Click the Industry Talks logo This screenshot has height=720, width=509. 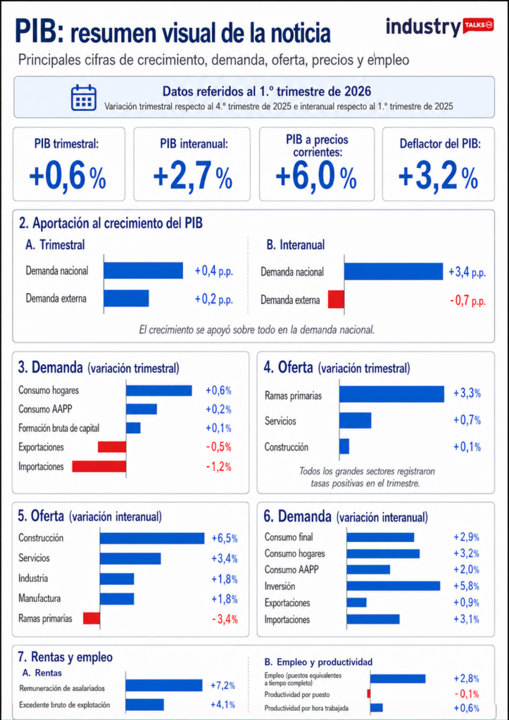pyautogui.click(x=439, y=27)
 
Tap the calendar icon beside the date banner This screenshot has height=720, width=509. pyautogui.click(x=84, y=98)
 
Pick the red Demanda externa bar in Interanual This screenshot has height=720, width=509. pyautogui.click(x=336, y=300)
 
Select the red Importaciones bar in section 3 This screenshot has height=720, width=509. pyautogui.click(x=99, y=466)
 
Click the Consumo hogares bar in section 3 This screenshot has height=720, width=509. pyautogui.click(x=158, y=390)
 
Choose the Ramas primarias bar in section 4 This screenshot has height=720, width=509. pyautogui.click(x=391, y=394)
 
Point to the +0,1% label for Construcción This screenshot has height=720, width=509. pyautogui.click(x=467, y=446)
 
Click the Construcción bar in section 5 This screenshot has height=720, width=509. pyautogui.click(x=151, y=539)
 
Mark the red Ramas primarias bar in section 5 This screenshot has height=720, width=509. pyautogui.click(x=92, y=619)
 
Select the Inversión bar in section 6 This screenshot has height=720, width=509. pyautogui.click(x=393, y=586)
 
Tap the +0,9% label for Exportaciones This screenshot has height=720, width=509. pyautogui.click(x=466, y=603)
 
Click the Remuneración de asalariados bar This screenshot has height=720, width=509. pyautogui.click(x=163, y=686)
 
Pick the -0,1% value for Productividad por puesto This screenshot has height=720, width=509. pyautogui.click(x=466, y=693)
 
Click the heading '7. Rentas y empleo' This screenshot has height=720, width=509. pyautogui.click(x=65, y=657)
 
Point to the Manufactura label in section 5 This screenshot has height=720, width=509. pyautogui.click(x=39, y=599)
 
